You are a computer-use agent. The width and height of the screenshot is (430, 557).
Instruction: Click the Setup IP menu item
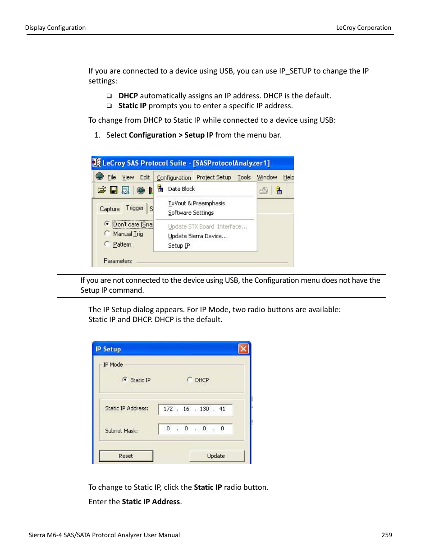179,246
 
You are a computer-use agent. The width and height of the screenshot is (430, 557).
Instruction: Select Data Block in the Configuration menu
181,189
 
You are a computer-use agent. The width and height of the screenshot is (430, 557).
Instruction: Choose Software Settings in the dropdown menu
191,213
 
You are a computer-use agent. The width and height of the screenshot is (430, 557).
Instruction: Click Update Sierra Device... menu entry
198,236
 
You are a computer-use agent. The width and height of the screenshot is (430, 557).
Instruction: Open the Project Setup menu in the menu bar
214,178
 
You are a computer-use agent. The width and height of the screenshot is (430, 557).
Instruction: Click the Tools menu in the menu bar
244,178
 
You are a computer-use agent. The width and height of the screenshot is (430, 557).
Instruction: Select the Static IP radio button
125,380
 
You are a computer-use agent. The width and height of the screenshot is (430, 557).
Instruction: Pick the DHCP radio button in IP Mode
190,380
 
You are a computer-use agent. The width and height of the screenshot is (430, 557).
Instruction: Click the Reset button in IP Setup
126,456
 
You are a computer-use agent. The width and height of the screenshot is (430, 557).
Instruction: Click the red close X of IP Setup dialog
243,349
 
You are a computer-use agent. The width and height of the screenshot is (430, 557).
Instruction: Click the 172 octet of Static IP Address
168,409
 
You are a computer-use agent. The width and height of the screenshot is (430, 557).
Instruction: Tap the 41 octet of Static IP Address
222,409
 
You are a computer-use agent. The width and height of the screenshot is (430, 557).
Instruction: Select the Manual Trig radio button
107,234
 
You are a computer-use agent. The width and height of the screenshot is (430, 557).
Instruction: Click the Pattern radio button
107,244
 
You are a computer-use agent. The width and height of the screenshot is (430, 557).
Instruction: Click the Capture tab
110,209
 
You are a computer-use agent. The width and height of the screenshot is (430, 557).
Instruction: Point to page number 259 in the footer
386,535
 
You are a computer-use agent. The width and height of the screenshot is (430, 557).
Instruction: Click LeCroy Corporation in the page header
363,28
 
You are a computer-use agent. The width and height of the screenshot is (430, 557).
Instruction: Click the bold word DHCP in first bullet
128,96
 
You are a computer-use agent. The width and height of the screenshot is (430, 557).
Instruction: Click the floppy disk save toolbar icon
114,190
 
